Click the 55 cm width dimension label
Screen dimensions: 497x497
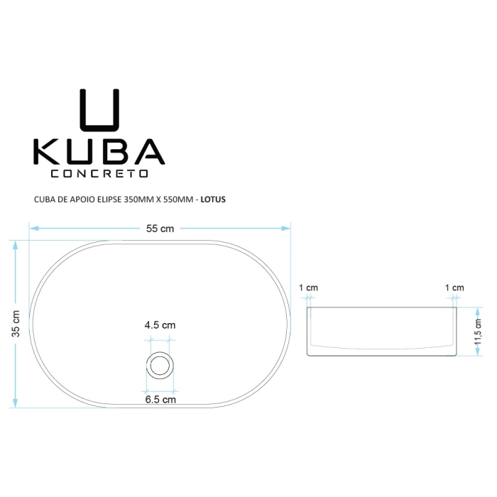pos(160,229)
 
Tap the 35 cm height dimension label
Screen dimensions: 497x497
pos(16,323)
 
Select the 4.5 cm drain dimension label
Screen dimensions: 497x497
pos(160,325)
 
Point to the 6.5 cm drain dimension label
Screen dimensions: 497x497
pos(160,399)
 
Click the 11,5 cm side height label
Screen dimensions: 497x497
pos(478,332)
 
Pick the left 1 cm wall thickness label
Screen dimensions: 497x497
pos(308,288)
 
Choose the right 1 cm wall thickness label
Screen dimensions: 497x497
pos(454,288)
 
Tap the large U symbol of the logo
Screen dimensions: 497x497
pos(99,110)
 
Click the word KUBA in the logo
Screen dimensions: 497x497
pos(99,151)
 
